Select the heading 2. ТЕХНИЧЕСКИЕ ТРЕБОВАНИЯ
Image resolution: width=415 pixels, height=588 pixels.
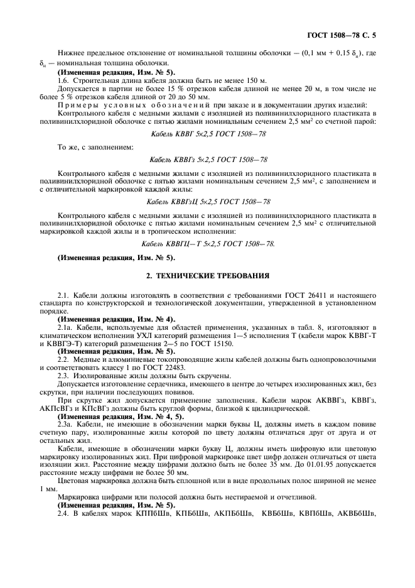(x=207, y=275)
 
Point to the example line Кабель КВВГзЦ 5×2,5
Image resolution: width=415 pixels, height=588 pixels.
(x=208, y=202)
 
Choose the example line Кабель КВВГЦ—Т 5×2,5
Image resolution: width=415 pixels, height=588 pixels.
(x=208, y=243)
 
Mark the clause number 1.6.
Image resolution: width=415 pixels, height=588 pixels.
(x=63, y=82)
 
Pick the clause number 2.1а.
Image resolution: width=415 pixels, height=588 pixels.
(x=65, y=327)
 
